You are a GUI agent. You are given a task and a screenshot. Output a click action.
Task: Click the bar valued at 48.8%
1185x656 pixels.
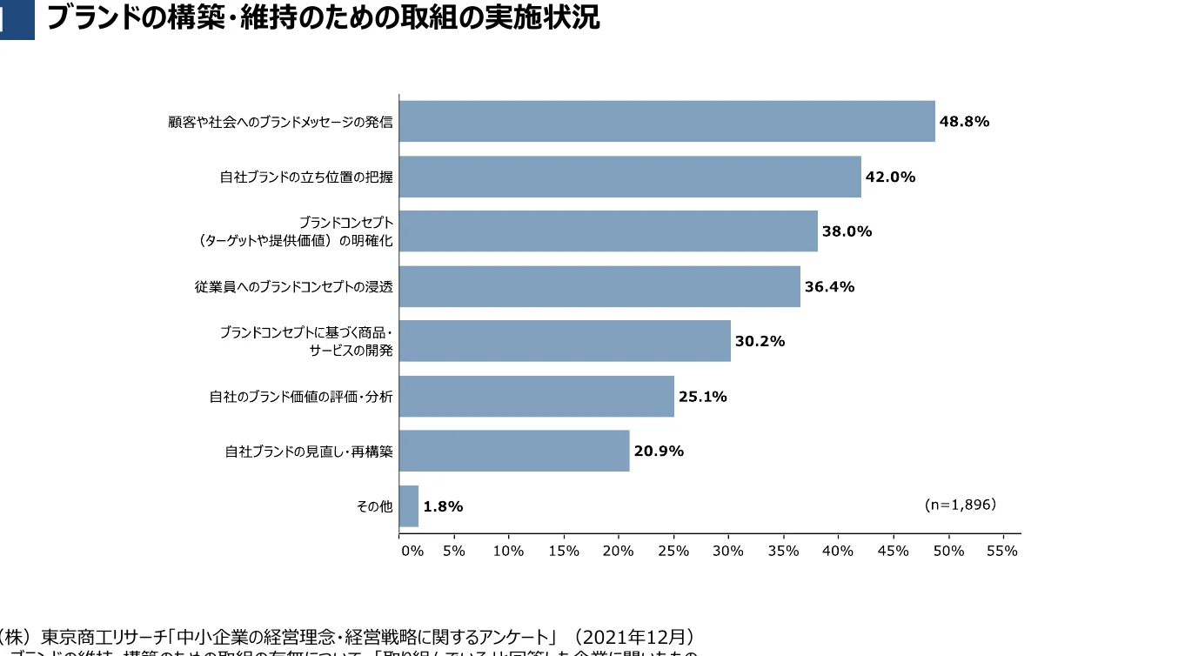click(666, 122)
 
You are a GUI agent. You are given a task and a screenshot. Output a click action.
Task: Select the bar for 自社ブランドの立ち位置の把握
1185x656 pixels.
click(630, 177)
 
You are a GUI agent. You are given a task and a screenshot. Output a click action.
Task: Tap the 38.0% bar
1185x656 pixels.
click(608, 231)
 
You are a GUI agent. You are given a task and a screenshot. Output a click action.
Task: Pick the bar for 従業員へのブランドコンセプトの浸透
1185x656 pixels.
click(599, 286)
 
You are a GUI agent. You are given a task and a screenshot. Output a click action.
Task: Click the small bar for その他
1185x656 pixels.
click(409, 506)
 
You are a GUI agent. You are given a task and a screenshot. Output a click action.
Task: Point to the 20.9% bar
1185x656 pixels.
click(514, 451)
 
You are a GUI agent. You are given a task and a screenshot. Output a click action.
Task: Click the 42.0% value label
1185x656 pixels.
click(890, 177)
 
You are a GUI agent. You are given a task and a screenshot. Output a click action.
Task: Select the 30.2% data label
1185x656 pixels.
click(760, 341)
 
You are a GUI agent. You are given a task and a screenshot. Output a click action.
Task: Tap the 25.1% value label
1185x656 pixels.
click(702, 397)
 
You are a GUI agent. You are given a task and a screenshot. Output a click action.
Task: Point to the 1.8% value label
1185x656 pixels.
click(443, 506)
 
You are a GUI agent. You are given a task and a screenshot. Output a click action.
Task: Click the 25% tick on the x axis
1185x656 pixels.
click(673, 551)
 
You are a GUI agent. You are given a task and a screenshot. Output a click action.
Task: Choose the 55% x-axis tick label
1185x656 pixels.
click(1002, 551)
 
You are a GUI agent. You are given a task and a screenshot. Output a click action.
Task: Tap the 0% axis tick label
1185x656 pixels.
click(412, 551)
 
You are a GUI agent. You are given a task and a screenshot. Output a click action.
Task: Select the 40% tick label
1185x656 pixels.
click(838, 551)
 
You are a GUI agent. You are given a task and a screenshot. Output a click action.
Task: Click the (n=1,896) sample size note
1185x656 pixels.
click(960, 504)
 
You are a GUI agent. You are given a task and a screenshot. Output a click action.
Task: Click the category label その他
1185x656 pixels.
click(375, 506)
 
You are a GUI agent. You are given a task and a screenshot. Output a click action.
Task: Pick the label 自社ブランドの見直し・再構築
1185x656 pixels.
click(309, 452)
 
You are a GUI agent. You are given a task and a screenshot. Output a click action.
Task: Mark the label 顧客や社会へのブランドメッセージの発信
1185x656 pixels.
click(280, 123)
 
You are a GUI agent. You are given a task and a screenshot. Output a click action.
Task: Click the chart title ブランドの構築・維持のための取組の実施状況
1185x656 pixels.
click(323, 17)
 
